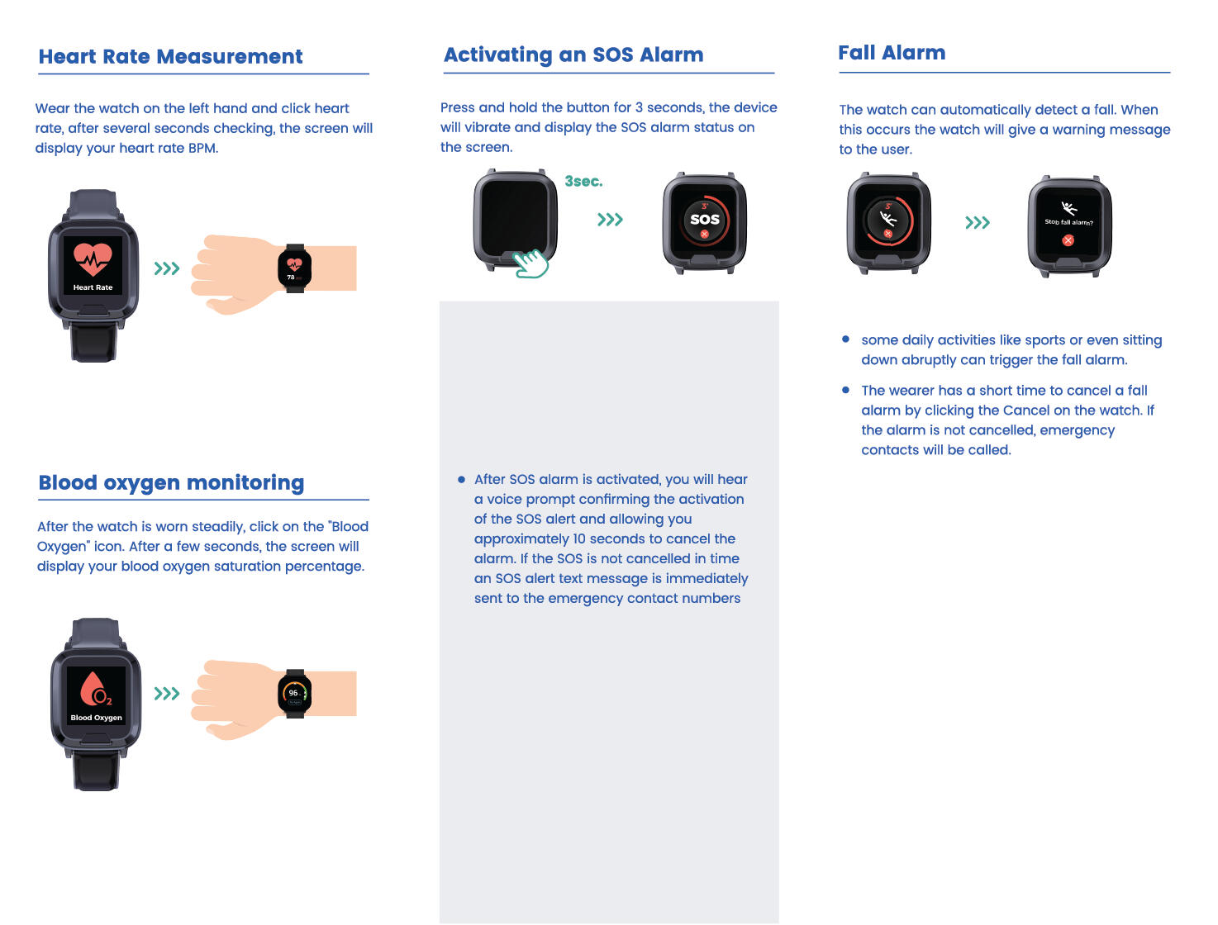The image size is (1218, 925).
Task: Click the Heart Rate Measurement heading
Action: [170, 56]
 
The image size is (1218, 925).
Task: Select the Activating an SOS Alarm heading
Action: [573, 55]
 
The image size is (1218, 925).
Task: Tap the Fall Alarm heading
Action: [891, 53]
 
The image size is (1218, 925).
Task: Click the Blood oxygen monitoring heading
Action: [171, 482]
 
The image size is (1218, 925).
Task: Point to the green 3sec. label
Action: [583, 181]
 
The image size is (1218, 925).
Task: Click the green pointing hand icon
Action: [530, 263]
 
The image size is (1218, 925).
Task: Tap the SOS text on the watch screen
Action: [704, 219]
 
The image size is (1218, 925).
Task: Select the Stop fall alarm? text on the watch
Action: [1068, 222]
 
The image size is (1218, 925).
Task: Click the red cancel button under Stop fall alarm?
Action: [1068, 240]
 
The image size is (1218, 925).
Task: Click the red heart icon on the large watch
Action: [93, 259]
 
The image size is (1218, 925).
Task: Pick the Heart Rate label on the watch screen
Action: [93, 287]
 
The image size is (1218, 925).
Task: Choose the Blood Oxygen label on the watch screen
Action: [96, 718]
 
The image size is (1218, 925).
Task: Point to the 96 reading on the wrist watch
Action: [293, 693]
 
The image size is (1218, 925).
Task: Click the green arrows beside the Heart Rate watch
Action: [166, 268]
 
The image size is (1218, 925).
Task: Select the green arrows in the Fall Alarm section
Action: [978, 222]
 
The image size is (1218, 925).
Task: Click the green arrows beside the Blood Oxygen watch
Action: [166, 693]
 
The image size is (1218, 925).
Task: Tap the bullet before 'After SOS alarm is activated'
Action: [461, 479]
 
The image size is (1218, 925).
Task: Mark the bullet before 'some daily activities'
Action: [845, 339]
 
